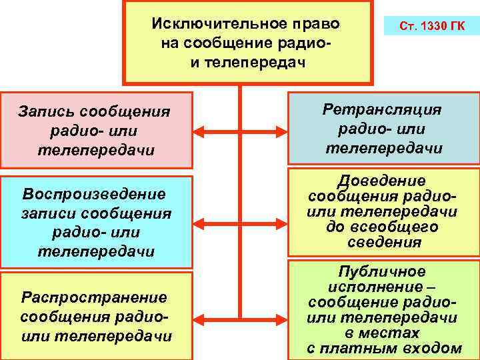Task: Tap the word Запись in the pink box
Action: (46, 111)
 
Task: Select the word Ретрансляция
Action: (383, 109)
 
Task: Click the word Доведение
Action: (382, 181)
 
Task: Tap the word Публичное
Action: (382, 272)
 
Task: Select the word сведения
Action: (384, 241)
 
